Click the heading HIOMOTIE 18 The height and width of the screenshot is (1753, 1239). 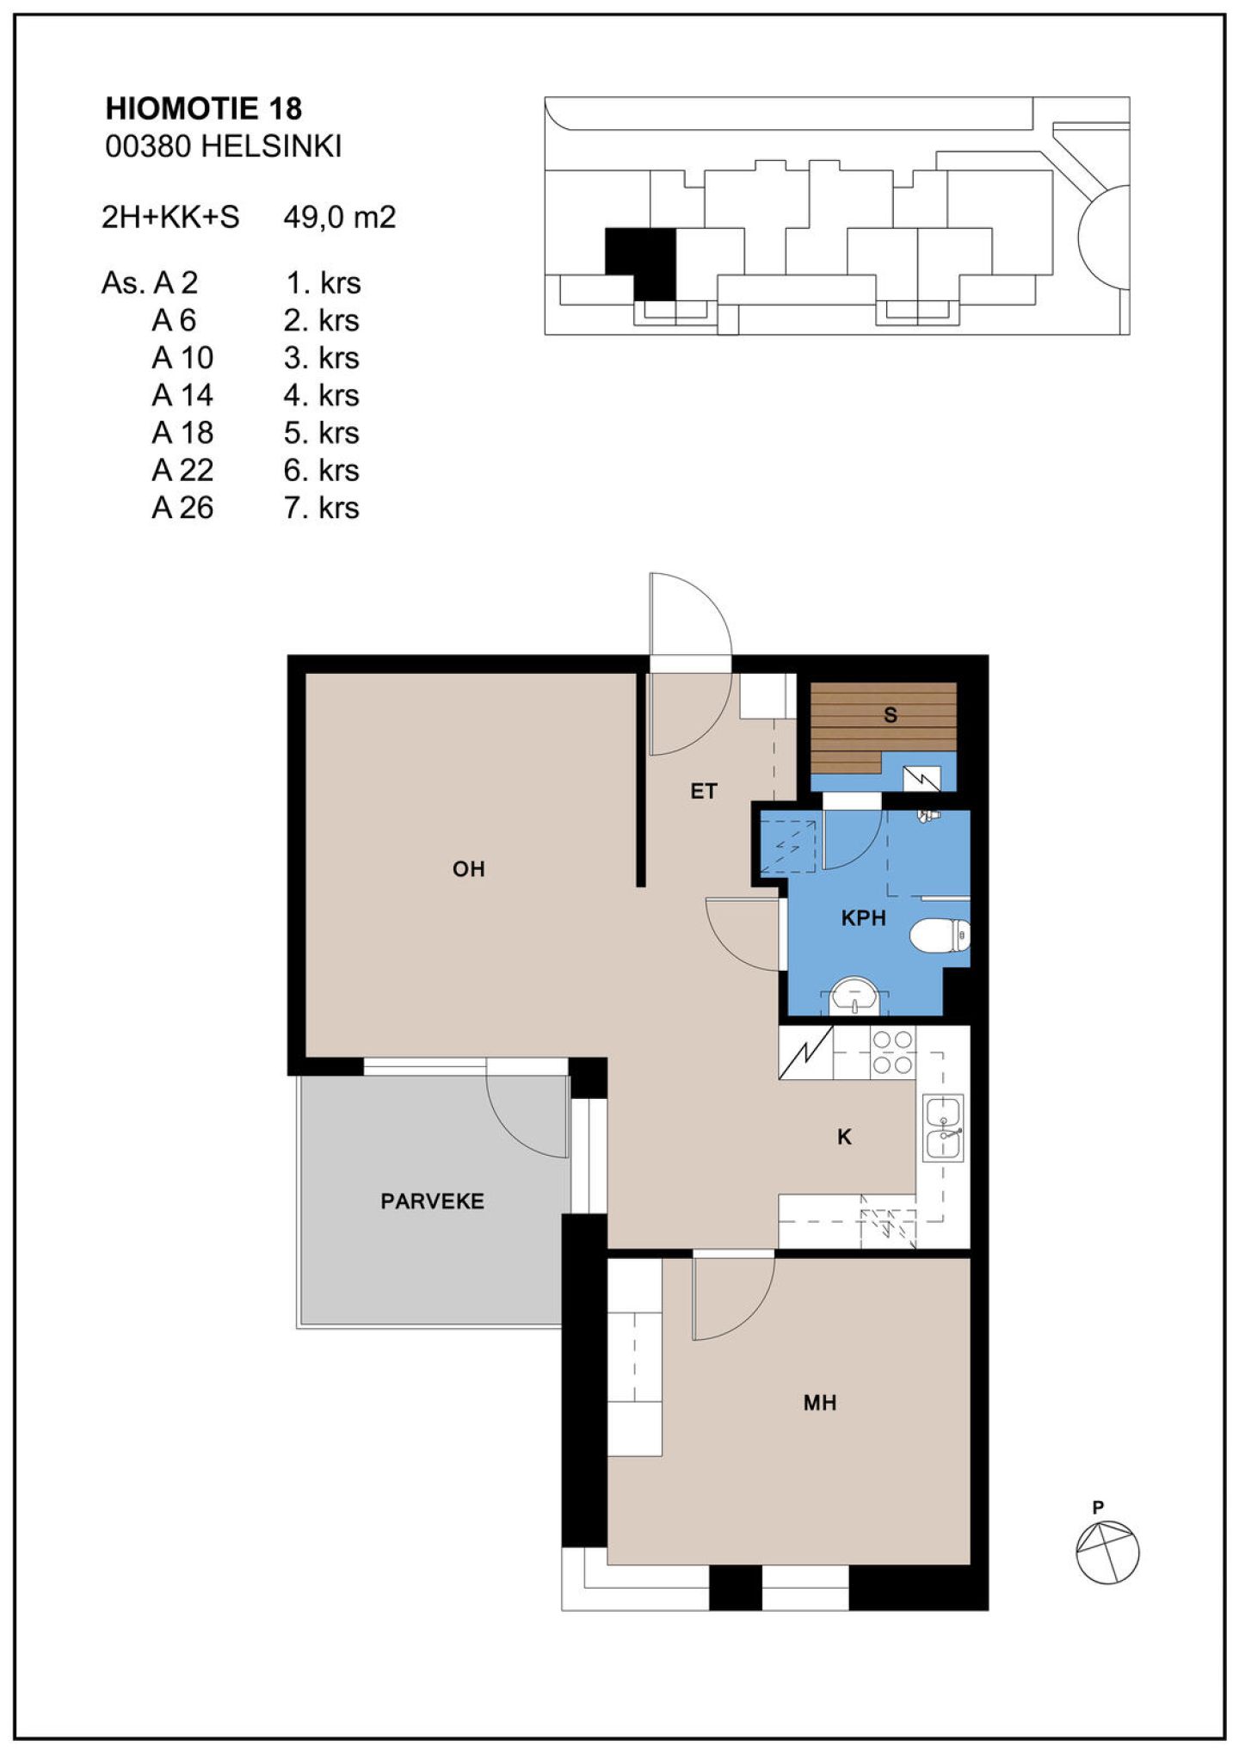pyautogui.click(x=204, y=108)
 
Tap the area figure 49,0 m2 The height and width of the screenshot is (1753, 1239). pyautogui.click(x=340, y=217)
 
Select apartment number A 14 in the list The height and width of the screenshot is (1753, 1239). pyautogui.click(x=182, y=395)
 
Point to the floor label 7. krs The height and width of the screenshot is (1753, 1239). pyautogui.click(x=322, y=508)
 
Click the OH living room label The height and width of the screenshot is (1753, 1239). pyautogui.click(x=469, y=869)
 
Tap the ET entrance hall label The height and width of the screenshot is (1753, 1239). pyautogui.click(x=704, y=791)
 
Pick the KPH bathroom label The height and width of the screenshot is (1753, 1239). pyautogui.click(x=863, y=918)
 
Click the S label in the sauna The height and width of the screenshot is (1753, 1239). pyautogui.click(x=891, y=714)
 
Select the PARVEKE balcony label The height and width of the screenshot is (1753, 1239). pyautogui.click(x=432, y=1201)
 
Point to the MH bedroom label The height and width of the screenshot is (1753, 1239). pyautogui.click(x=819, y=1403)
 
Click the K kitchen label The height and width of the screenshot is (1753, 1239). pyautogui.click(x=844, y=1137)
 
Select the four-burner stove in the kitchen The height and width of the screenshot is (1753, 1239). pyautogui.click(x=892, y=1052)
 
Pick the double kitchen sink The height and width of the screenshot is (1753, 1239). pyautogui.click(x=943, y=1127)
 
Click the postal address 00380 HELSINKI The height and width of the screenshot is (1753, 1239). pyautogui.click(x=224, y=146)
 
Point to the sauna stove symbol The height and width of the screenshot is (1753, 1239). pyautogui.click(x=922, y=779)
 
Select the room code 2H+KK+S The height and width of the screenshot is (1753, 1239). pyautogui.click(x=170, y=217)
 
